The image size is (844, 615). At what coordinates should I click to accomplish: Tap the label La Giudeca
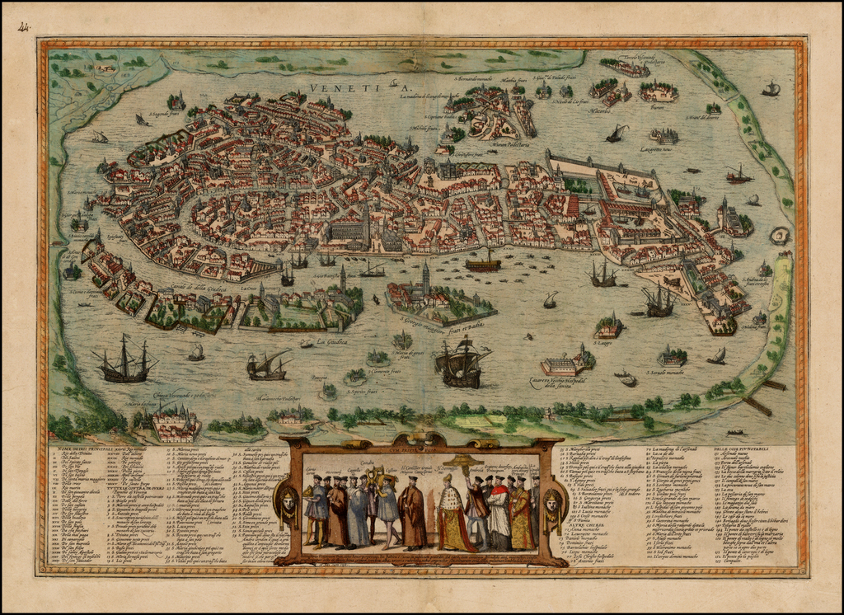(331, 340)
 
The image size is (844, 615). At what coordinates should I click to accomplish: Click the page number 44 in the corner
(23, 27)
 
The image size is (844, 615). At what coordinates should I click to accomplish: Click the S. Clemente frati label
(377, 372)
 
